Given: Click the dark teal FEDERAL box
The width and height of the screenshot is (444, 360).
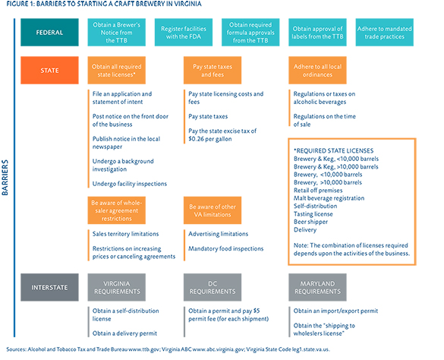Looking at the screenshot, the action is coord(49,33).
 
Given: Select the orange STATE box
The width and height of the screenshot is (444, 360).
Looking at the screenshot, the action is coord(49,71).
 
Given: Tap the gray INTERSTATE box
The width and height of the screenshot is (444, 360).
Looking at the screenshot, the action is coord(49,287).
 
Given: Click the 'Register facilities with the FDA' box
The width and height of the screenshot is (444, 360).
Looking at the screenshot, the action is coord(184,33).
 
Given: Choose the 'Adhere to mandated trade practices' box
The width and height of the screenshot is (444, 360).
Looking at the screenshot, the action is coord(385,33).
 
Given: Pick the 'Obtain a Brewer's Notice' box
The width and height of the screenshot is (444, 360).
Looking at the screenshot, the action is coord(117,33).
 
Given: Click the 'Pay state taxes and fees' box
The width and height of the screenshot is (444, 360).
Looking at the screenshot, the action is coord(213,71).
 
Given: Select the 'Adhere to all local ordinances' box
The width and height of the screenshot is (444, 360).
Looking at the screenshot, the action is coord(317,71).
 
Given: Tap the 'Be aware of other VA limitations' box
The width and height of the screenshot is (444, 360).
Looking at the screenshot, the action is coord(213,210).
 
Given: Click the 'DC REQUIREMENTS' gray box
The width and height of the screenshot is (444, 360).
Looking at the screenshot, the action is coord(213,287).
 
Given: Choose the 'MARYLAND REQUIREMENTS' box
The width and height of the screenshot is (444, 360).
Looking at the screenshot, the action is coord(317,287).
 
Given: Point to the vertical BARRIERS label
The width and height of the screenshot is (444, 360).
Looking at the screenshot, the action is coord(5,178).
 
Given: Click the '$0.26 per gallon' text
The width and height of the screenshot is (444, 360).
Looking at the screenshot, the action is coord(210,139).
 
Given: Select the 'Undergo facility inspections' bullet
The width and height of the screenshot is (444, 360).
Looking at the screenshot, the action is coord(130,184).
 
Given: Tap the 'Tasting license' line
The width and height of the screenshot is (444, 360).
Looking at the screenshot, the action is coord(313,214).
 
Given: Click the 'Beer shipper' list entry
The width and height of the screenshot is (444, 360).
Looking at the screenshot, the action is coord(310,222).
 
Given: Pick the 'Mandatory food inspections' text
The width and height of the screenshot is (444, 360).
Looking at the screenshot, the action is coord(226,248).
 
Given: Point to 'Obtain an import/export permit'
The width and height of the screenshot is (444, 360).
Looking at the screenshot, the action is coord(335,311).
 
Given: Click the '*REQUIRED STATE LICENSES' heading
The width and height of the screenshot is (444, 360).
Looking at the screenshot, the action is coord(333,151).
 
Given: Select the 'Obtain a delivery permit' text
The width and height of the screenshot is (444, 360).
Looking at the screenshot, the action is coord(124,333).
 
